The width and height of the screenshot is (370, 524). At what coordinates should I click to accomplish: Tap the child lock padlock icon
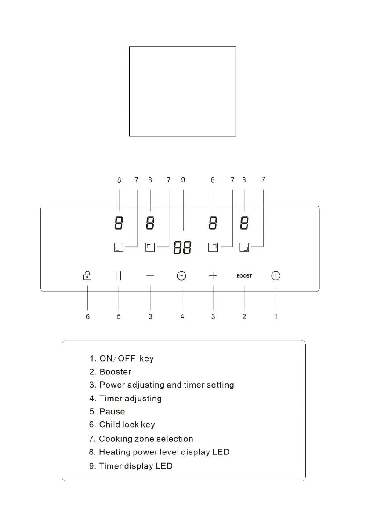87,276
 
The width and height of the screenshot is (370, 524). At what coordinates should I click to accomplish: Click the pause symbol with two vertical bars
119,276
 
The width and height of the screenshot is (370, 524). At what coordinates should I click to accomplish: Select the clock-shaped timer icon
181,276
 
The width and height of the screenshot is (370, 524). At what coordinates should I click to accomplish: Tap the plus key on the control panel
213,276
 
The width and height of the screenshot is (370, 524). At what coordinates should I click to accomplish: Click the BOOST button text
244,276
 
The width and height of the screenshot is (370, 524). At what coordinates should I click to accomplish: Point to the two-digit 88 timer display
182,248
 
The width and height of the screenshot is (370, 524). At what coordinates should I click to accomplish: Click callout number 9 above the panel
183,180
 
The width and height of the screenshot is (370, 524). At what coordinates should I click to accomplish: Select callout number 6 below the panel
87,316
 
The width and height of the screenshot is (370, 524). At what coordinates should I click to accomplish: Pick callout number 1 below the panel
276,316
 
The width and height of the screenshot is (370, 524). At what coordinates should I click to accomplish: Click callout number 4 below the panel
182,316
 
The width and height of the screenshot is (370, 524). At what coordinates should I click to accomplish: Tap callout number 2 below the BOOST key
244,316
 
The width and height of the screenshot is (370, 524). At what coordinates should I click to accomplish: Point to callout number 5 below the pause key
119,316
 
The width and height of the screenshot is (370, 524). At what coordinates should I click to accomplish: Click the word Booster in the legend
115,372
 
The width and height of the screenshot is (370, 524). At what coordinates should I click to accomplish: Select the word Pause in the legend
112,412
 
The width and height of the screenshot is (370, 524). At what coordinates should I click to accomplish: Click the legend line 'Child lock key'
127,425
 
